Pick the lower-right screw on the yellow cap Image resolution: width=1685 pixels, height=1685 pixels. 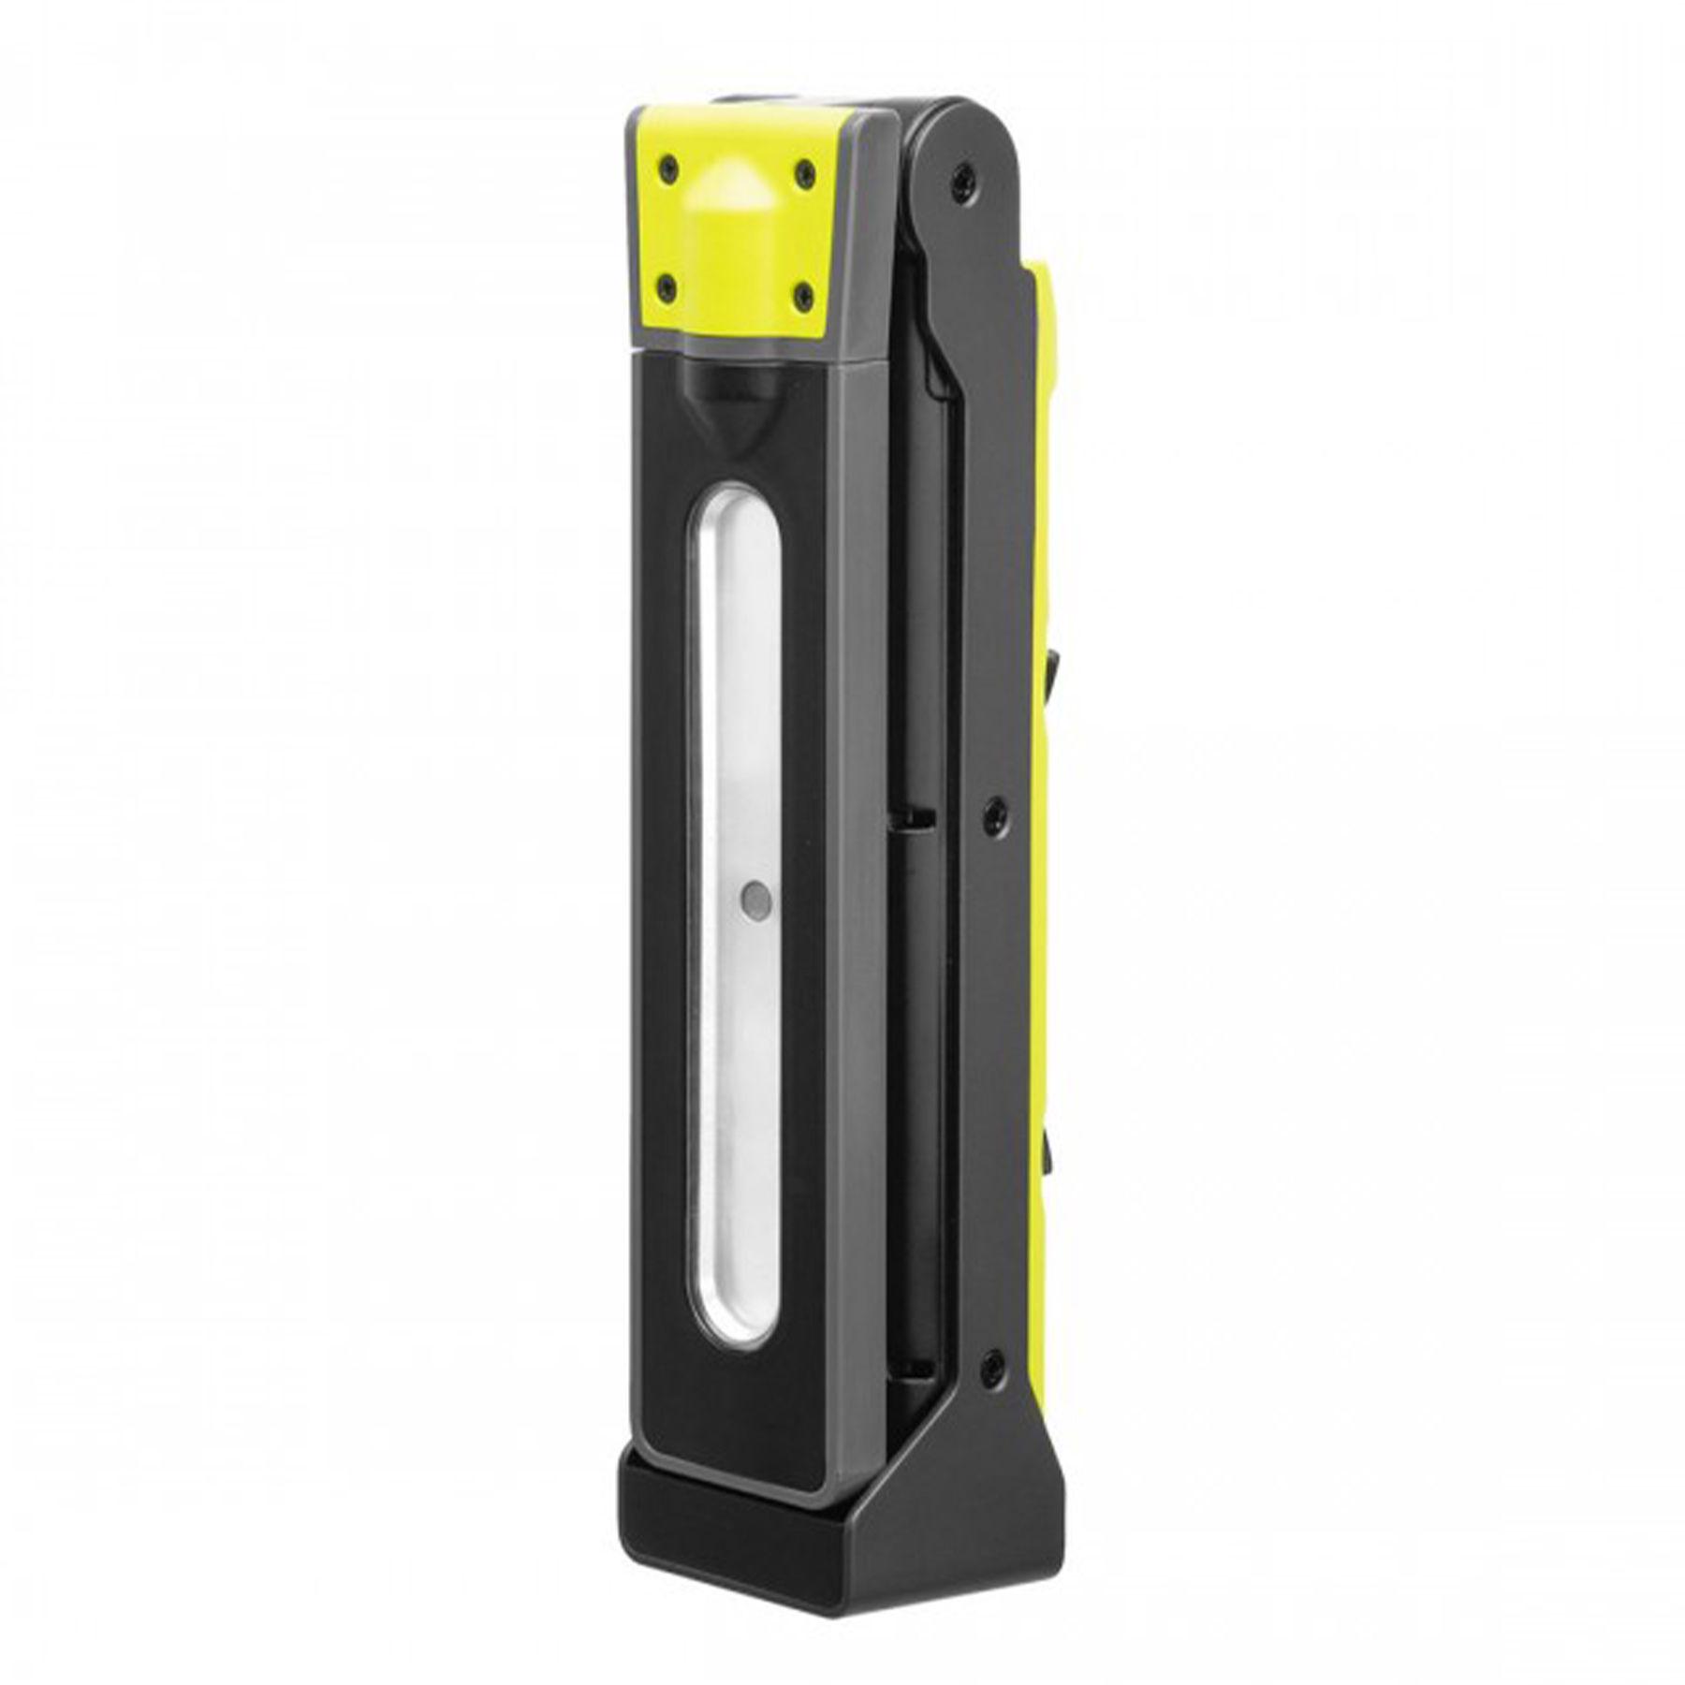click(803, 296)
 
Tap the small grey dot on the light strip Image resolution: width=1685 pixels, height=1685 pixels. click(754, 901)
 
